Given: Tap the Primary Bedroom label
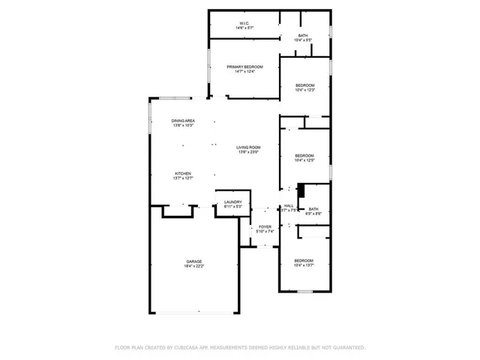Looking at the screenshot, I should pyautogui.click(x=245, y=67).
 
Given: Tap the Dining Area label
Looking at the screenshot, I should pyautogui.click(x=183, y=121).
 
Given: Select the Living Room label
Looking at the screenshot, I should pyautogui.click(x=248, y=147).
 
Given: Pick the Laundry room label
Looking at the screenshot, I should pyautogui.click(x=232, y=202).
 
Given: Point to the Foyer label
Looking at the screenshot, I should pyautogui.click(x=265, y=226).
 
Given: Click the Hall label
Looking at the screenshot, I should pyautogui.click(x=288, y=206).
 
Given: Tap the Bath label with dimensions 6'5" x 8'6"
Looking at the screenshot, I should pyautogui.click(x=313, y=209).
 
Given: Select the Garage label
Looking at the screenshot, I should pyautogui.click(x=193, y=261).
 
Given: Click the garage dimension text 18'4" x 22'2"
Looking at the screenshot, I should pyautogui.click(x=193, y=266).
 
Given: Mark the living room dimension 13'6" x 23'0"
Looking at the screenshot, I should pyautogui.click(x=248, y=152).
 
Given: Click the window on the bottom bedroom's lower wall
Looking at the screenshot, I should pyautogui.click(x=304, y=291).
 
